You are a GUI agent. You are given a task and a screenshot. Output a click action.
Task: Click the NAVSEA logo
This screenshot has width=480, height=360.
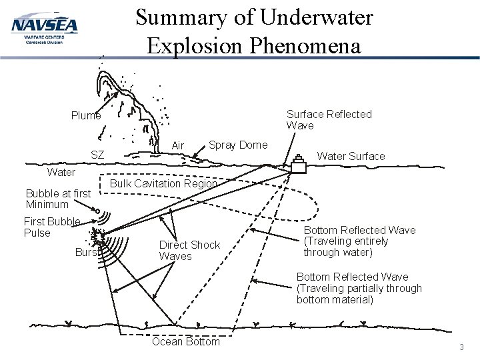pos(44,29)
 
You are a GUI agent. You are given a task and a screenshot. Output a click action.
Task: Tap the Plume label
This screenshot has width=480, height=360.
pos(86,116)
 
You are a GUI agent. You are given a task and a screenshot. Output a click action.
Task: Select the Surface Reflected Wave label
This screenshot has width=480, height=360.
pos(329,119)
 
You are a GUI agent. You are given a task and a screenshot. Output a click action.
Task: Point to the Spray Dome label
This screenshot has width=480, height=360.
pos(238,145)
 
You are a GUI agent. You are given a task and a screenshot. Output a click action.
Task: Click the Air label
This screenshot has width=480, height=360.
pos(178,146)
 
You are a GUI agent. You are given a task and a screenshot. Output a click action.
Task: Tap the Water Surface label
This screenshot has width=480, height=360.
pos(351,156)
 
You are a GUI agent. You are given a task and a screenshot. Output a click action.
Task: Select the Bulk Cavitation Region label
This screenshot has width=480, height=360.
pos(163,183)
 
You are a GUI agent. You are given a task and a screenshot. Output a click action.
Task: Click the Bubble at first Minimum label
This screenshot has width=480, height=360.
pos(57,199)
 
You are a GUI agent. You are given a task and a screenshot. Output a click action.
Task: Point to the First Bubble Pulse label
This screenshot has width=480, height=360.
pos(52,227)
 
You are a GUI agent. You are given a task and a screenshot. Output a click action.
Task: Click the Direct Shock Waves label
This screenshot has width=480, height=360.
pos(189,251)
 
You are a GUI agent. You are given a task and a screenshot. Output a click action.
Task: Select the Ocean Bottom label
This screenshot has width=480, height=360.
pos(185,342)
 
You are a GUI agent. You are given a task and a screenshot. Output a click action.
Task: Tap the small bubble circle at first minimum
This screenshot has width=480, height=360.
pos(98,213)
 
